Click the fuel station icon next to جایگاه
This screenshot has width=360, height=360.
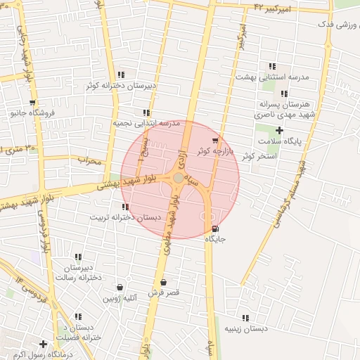coord(214,229)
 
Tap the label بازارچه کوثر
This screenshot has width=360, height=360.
coord(211,151)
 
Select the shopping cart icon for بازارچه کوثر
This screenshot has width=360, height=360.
coord(215,141)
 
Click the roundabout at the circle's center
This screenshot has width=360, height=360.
coord(179,179)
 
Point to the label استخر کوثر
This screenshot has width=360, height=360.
coord(257,155)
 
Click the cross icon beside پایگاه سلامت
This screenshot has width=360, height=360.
coord(279,130)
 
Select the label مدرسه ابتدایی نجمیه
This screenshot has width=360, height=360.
coord(146,123)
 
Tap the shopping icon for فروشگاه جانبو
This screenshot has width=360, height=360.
coord(13,112)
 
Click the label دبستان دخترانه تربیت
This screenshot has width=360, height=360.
coord(124,217)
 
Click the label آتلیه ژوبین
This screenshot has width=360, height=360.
coord(120,299)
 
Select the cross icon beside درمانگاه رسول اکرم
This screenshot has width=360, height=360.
coord(44,345)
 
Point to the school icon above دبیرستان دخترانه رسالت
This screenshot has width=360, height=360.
coord(77,257)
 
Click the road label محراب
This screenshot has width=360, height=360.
coord(89,161)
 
